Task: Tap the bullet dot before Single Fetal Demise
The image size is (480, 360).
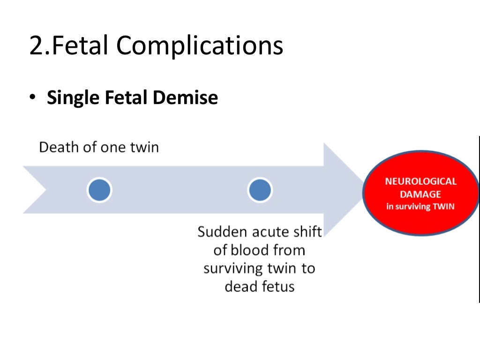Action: click(x=32, y=98)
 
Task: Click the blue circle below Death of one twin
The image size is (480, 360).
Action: click(x=99, y=190)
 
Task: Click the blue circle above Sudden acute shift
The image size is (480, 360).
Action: click(x=260, y=190)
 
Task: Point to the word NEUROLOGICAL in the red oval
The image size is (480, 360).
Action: click(x=420, y=181)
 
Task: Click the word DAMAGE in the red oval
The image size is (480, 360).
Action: click(x=420, y=194)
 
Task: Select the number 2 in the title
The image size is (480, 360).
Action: click(x=37, y=46)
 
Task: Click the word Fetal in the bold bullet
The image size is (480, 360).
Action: click(x=127, y=97)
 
